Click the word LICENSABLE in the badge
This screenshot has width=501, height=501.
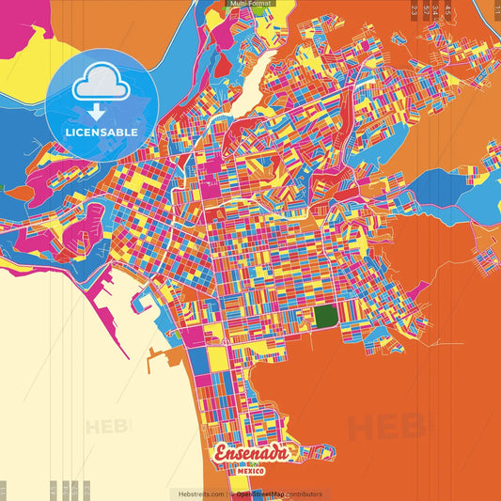101,133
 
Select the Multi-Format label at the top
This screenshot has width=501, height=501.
249,4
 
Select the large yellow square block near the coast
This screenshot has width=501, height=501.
217,359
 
